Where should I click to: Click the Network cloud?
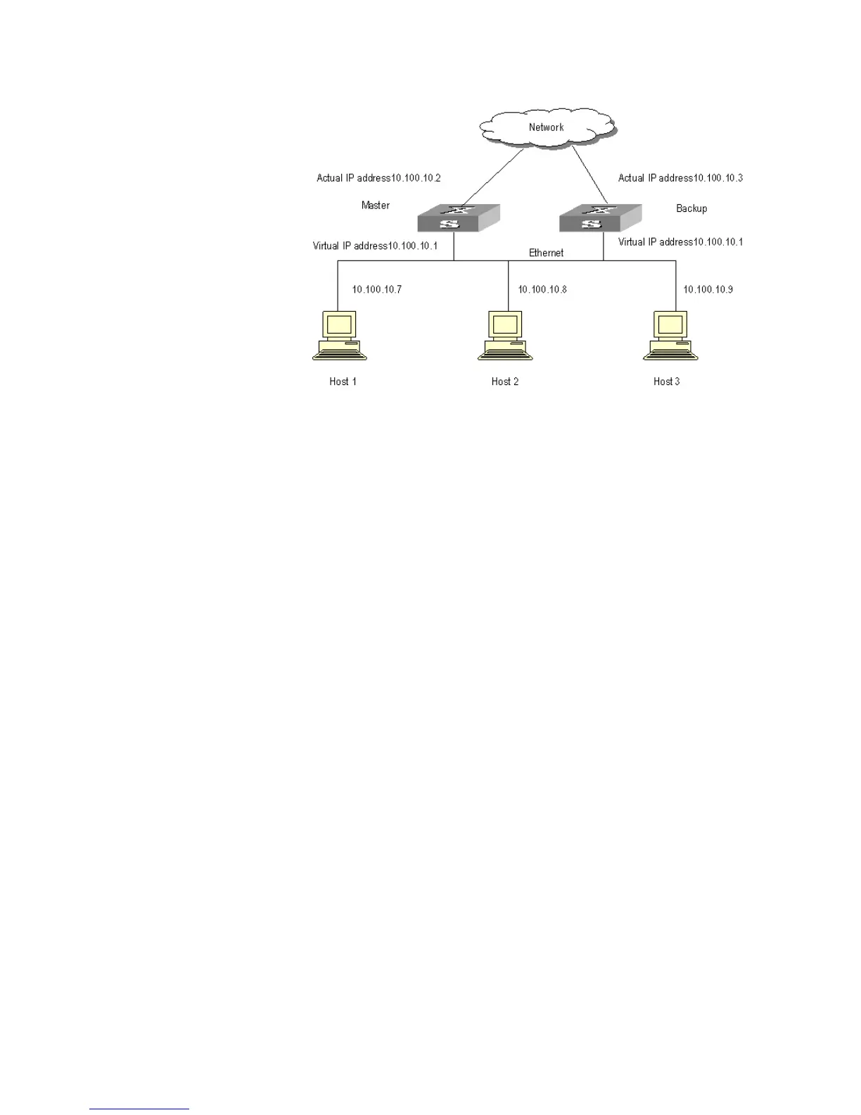coord(547,127)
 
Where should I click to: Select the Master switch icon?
coord(458,218)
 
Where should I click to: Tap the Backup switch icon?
coord(600,218)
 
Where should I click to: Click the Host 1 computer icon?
coord(339,336)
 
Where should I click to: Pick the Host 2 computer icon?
coord(505,336)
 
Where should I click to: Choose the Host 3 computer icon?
coord(670,336)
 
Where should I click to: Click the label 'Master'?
coord(376,206)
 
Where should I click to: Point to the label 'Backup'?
coord(691,208)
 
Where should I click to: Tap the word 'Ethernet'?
coord(547,253)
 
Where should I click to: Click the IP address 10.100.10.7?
coord(377,289)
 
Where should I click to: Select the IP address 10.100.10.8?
coord(542,289)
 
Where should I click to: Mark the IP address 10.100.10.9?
coord(708,289)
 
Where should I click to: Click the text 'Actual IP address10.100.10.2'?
coord(378,178)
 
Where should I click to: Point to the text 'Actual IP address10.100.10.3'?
coord(680,178)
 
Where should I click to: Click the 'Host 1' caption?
coord(343,382)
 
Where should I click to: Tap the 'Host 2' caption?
coord(505,382)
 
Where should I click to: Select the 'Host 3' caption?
coord(667,382)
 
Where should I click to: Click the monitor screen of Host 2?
coord(505,325)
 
